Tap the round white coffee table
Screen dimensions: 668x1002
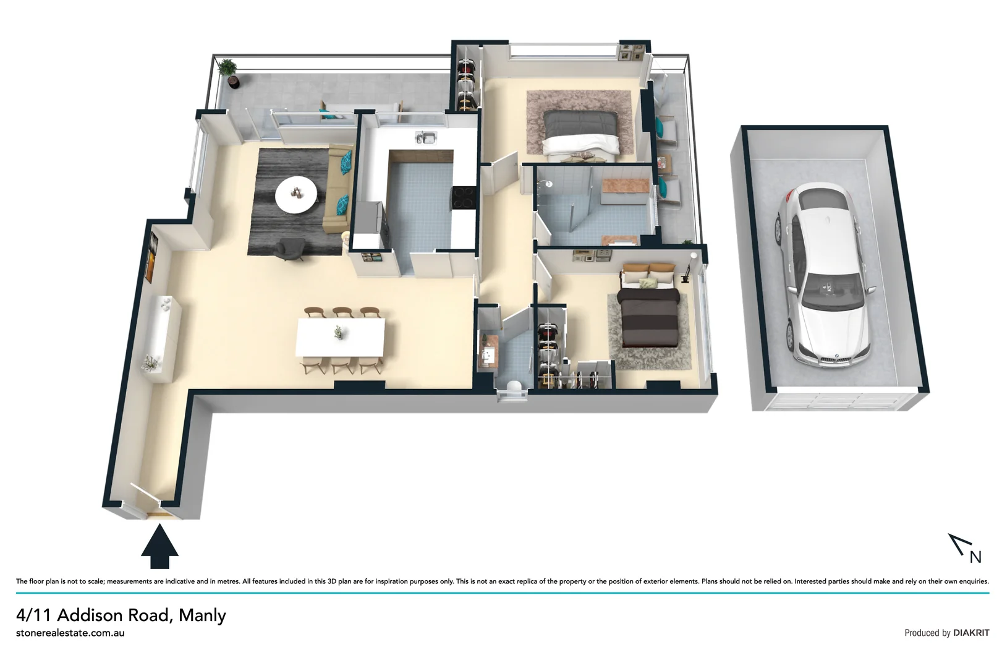(296, 194)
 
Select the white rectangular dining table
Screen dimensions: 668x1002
(341, 336)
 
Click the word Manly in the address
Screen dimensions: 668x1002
(202, 615)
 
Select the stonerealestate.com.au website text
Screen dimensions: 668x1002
(70, 633)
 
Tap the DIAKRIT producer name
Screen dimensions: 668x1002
(971, 633)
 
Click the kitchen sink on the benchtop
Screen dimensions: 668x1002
(425, 137)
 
